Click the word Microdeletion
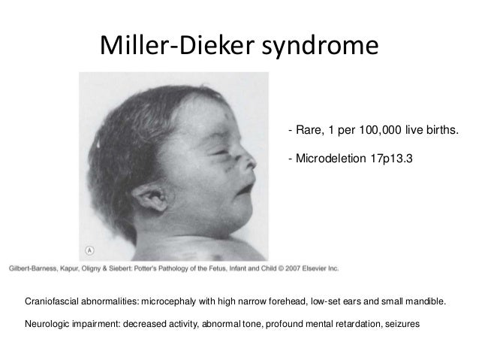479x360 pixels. pos(329,159)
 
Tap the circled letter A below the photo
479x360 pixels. pos(89,253)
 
